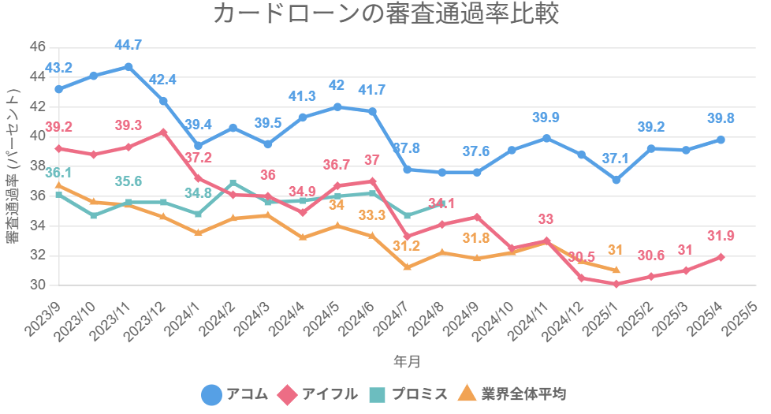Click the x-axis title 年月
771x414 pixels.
click(x=407, y=361)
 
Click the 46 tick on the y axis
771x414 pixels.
click(x=37, y=46)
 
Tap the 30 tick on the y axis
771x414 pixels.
click(x=37, y=285)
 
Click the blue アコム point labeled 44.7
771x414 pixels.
click(x=128, y=67)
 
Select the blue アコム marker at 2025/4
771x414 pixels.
click(x=721, y=140)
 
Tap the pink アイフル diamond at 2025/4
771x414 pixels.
click(x=721, y=257)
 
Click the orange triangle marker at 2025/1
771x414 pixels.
click(x=616, y=270)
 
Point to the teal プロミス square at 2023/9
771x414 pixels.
click(x=59, y=194)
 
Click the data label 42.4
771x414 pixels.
click(x=163, y=80)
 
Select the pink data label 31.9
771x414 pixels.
click(x=721, y=236)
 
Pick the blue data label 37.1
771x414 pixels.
click(x=616, y=159)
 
